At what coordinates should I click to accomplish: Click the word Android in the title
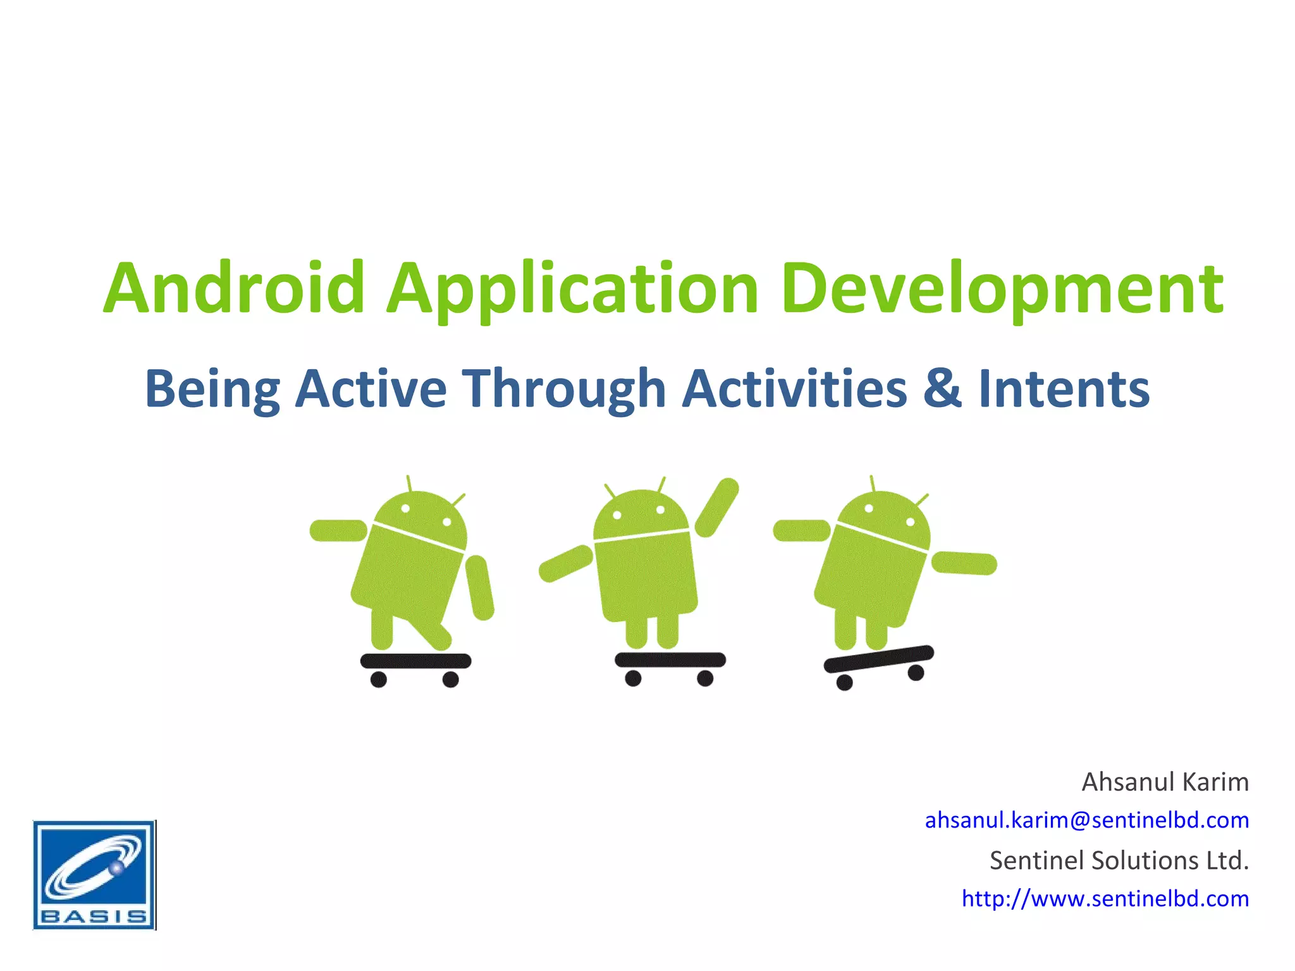(x=234, y=288)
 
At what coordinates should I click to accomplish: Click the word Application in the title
(x=572, y=288)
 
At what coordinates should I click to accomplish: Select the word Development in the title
(x=1002, y=288)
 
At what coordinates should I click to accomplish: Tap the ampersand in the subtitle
(x=942, y=388)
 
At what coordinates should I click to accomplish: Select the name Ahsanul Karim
(x=1165, y=783)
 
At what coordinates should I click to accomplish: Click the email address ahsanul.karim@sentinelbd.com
(x=1086, y=820)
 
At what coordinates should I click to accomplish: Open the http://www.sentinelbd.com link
(x=1105, y=898)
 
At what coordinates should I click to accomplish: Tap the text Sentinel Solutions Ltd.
(x=1119, y=860)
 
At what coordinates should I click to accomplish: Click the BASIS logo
(x=94, y=875)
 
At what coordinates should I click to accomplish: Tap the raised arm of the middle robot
(x=717, y=507)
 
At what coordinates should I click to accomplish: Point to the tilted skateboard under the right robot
(x=878, y=659)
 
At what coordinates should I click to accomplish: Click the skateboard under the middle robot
(x=670, y=660)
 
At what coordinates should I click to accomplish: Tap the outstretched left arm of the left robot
(x=338, y=530)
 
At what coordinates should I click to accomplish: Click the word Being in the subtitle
(x=212, y=389)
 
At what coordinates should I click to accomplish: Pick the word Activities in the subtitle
(x=795, y=389)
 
